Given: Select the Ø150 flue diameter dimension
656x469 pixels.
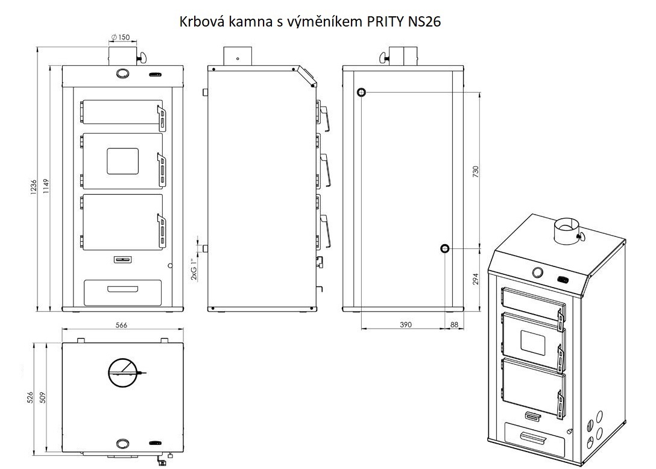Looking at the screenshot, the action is coord(121,37).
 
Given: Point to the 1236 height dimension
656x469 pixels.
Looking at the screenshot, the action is coord(34,187).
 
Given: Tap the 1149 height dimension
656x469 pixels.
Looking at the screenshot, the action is coord(46,187).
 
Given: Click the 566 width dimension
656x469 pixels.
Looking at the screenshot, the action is coord(121,325).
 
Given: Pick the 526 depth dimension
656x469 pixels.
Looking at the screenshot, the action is coord(30,397).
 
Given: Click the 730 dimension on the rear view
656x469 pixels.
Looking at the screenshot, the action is coord(475,172).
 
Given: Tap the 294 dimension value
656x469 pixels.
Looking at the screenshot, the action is coord(475,279).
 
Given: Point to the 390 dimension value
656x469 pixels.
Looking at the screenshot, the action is coord(405,325).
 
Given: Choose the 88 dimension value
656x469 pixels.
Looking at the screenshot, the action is coord(455,325).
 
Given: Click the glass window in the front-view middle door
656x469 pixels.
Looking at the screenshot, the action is coord(122,161).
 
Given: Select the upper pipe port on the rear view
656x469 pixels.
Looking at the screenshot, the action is coord(362,92).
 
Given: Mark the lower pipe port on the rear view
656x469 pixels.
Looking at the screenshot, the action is coord(445,248).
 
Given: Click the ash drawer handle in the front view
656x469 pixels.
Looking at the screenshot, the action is coord(122,289).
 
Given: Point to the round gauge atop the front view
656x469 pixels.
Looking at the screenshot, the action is coord(122,74).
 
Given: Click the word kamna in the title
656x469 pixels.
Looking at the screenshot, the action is coord(251,21).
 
